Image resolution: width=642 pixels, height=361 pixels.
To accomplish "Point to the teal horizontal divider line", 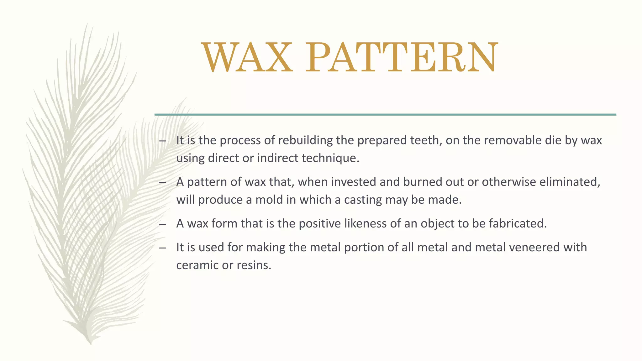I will pos(385,115).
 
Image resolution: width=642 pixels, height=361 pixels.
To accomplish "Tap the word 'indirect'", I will pos(278,158).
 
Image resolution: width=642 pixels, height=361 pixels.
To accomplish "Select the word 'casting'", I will pos(363,200).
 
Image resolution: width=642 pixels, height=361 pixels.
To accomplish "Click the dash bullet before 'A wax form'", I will pos(162,224).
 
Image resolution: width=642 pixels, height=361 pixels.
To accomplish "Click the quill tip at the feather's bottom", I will pos(91,343).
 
